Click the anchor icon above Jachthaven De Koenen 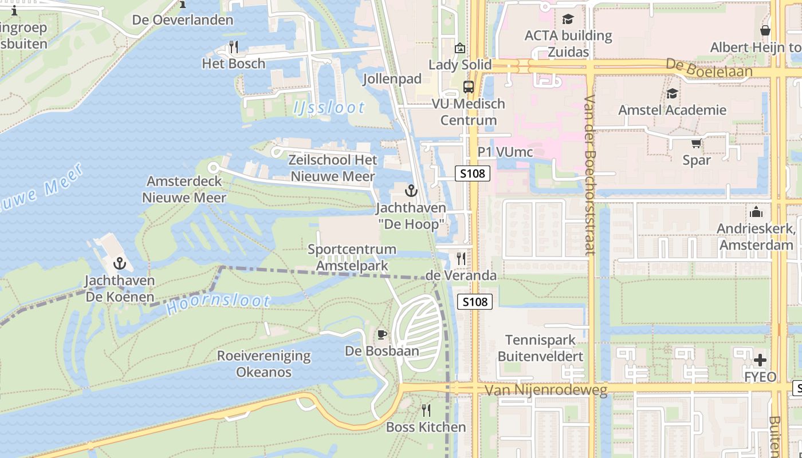(120, 263)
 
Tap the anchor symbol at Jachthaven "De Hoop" (411, 191)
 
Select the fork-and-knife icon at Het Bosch (233, 46)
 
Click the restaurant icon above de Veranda (461, 259)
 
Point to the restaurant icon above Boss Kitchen (426, 410)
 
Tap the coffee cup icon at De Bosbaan (382, 334)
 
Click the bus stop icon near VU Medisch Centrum (469, 87)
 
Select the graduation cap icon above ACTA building (568, 19)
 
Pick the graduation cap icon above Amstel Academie (672, 93)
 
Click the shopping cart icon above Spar (696, 144)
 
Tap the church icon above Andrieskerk (756, 212)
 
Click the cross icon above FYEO (760, 360)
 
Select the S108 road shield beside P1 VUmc (473, 173)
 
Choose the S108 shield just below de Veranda (475, 301)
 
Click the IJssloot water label (329, 107)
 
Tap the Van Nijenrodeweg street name (545, 390)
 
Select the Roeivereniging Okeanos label (264, 364)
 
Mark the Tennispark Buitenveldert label (540, 348)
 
